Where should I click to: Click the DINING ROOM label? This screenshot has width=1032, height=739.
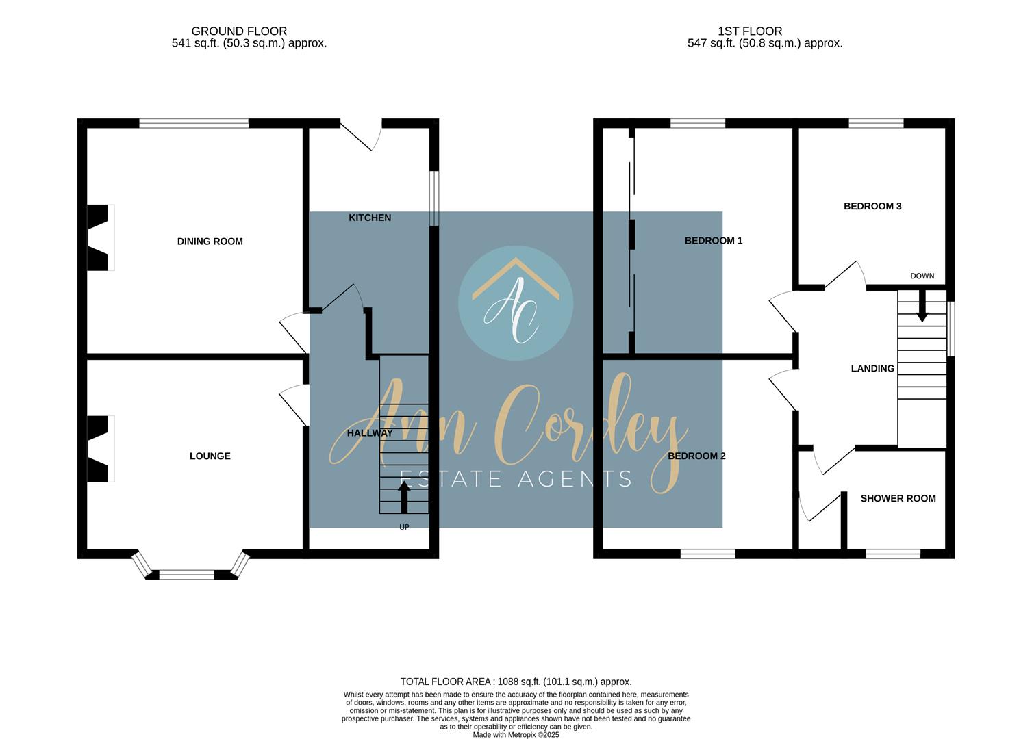click(210, 242)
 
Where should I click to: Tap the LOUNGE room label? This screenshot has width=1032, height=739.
click(210, 456)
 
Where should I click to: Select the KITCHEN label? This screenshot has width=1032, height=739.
click(370, 218)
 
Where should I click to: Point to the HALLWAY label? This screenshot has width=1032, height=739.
click(370, 433)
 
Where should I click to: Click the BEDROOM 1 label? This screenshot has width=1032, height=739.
click(713, 241)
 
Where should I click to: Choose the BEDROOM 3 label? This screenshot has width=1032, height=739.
click(872, 206)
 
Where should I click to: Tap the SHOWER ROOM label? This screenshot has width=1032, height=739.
click(898, 498)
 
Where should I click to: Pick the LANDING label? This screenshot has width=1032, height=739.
click(872, 368)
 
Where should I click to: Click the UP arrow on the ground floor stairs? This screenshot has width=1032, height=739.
click(404, 497)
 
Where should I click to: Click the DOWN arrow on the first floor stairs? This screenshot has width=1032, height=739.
click(922, 306)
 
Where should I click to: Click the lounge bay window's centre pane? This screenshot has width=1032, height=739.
click(186, 575)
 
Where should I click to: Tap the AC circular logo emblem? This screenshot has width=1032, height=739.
click(516, 303)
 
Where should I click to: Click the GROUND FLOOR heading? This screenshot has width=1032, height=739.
click(239, 31)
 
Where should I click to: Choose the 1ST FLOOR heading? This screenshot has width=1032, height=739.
click(750, 31)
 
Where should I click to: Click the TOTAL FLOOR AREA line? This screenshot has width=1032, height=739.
click(516, 682)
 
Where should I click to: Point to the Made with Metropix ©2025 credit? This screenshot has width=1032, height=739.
click(516, 735)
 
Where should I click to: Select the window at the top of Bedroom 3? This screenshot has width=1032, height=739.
click(876, 123)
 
